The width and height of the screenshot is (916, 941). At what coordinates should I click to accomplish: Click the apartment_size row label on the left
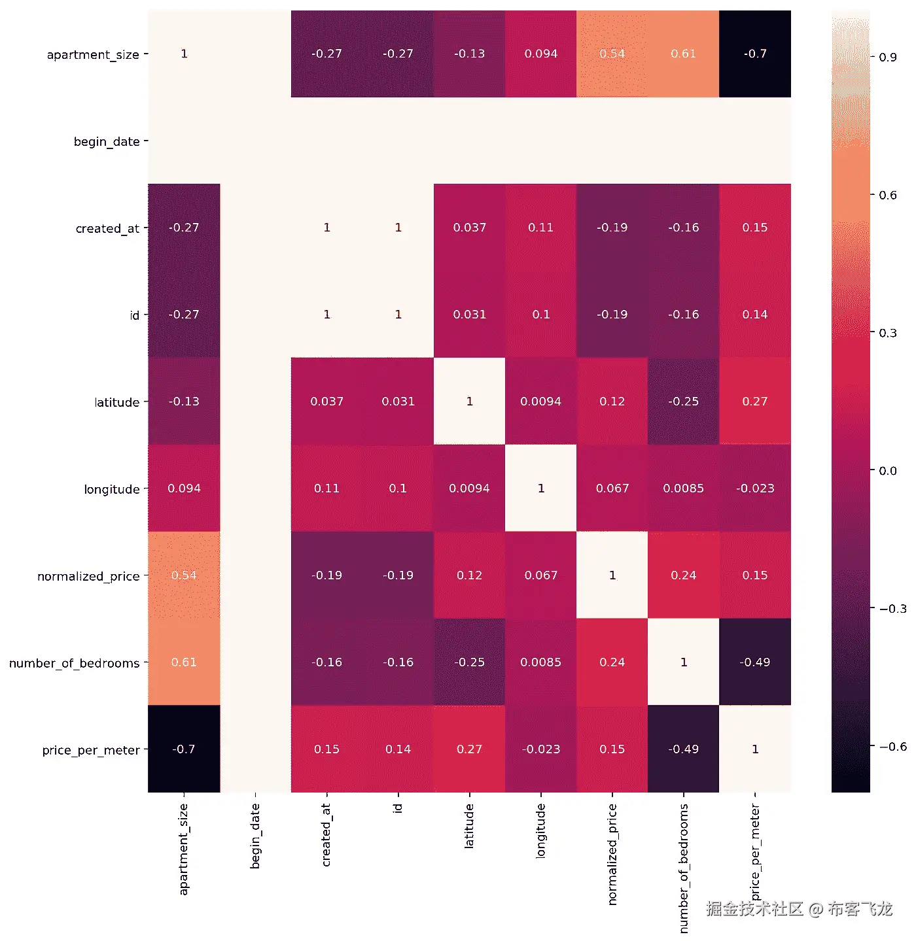pyautogui.click(x=93, y=54)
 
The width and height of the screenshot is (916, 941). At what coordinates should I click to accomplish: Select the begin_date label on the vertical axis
pyautogui.click(x=107, y=141)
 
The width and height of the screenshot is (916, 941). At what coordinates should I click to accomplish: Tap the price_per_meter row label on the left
pyautogui.click(x=91, y=750)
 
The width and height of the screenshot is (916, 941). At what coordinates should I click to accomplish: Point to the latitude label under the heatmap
pyautogui.click(x=469, y=827)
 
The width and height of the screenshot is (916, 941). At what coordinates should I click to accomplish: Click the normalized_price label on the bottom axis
pyautogui.click(x=612, y=854)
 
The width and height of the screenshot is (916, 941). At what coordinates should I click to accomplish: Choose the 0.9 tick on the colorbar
pyautogui.click(x=888, y=57)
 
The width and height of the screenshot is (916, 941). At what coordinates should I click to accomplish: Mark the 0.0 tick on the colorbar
pyautogui.click(x=888, y=471)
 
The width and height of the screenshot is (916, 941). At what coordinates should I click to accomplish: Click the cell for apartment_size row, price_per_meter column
pyautogui.click(x=755, y=54)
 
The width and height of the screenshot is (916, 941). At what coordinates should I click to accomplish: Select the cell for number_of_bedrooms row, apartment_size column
pyautogui.click(x=184, y=662)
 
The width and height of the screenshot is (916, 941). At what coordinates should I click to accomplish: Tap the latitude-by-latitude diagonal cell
pyautogui.click(x=469, y=402)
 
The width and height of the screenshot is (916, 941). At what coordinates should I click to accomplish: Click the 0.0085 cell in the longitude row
pyautogui.click(x=684, y=488)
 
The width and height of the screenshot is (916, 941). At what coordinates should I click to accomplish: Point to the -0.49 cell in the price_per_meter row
pyautogui.click(x=684, y=749)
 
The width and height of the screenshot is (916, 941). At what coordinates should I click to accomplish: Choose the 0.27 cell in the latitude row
pyautogui.click(x=755, y=402)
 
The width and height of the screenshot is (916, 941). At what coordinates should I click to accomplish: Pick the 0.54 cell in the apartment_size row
pyautogui.click(x=612, y=54)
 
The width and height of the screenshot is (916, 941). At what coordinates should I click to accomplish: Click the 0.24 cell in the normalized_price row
pyautogui.click(x=684, y=575)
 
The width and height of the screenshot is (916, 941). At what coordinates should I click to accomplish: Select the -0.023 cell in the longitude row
pyautogui.click(x=755, y=488)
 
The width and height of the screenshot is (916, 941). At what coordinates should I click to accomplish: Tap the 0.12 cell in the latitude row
pyautogui.click(x=612, y=402)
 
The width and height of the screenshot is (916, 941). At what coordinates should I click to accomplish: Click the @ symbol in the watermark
pyautogui.click(x=815, y=909)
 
